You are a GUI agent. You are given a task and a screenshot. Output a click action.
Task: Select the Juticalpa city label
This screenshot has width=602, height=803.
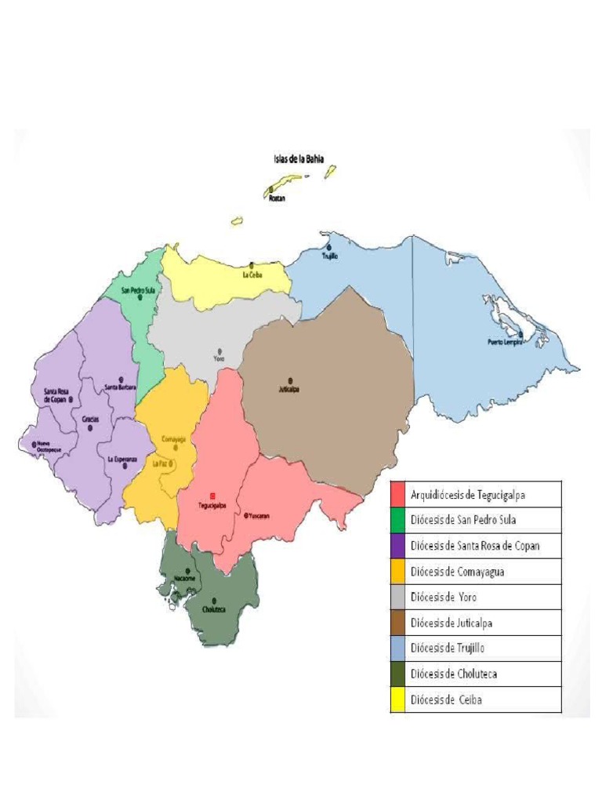[x=289, y=388]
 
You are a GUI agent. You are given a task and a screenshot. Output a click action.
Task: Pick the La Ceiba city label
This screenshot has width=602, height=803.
[x=252, y=274]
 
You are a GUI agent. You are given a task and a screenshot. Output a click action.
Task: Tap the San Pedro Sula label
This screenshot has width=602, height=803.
[x=138, y=289]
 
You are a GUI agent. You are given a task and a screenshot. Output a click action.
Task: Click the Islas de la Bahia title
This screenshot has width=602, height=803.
[x=299, y=158]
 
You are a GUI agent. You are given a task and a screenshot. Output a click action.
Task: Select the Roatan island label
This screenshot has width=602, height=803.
[x=276, y=198]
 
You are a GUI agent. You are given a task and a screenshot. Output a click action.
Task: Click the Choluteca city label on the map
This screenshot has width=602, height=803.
[x=214, y=609]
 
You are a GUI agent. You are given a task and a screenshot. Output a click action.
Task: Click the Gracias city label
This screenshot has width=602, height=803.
[x=90, y=419]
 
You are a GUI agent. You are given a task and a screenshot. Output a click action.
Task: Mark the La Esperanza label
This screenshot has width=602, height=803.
[x=116, y=459]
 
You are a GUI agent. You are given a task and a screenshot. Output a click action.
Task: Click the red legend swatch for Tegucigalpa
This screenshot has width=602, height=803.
[x=397, y=493]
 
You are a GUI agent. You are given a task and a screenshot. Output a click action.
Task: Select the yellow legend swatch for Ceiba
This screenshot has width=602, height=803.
[x=397, y=699]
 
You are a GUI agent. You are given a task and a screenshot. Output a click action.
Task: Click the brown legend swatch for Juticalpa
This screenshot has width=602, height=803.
[x=397, y=623]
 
